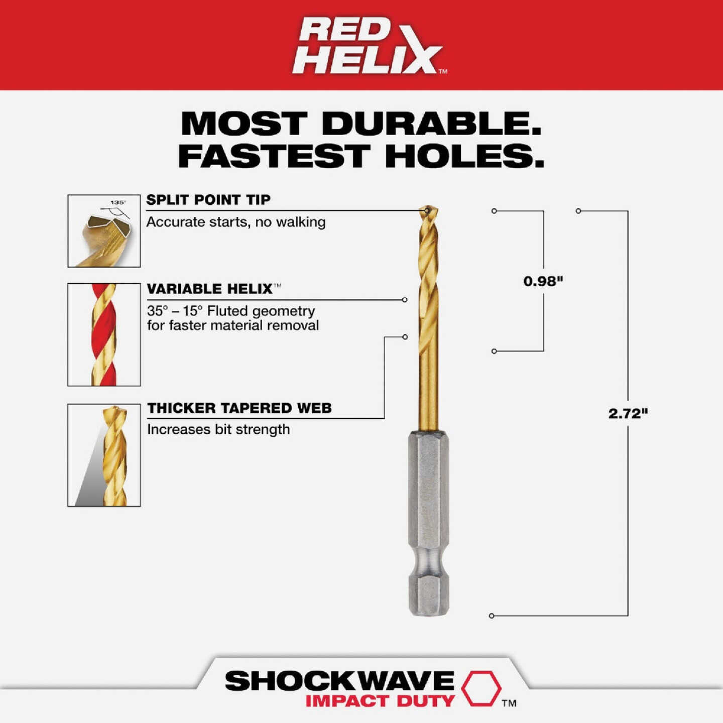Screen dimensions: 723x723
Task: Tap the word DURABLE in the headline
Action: pyautogui.click(x=432, y=124)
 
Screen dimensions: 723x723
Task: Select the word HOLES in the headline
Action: pyautogui.click(x=464, y=156)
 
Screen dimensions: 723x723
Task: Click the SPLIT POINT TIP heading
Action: pyautogui.click(x=208, y=200)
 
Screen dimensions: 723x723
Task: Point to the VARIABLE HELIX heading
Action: pyautogui.click(x=210, y=289)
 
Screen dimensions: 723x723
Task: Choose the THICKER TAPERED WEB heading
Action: pyautogui.click(x=239, y=408)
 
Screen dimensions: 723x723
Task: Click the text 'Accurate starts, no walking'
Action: pyautogui.click(x=235, y=222)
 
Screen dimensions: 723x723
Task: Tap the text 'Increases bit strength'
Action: pyautogui.click(x=218, y=430)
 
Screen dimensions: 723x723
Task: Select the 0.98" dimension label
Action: pyautogui.click(x=543, y=281)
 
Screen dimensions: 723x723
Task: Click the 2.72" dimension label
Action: pyautogui.click(x=628, y=414)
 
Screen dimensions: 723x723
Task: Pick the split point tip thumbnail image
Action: pyautogui.click(x=104, y=231)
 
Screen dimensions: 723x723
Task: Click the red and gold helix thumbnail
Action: pyautogui.click(x=104, y=334)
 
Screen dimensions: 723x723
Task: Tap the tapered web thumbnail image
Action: pyautogui.click(x=104, y=455)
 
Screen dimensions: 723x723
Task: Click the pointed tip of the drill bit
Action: pyautogui.click(x=428, y=209)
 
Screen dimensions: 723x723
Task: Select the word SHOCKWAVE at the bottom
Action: pyautogui.click(x=339, y=681)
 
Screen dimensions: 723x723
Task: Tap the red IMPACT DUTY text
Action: pyautogui.click(x=380, y=701)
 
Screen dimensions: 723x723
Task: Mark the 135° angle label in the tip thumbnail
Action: pyautogui.click(x=117, y=202)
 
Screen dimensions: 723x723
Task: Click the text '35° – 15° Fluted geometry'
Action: pyautogui.click(x=230, y=311)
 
